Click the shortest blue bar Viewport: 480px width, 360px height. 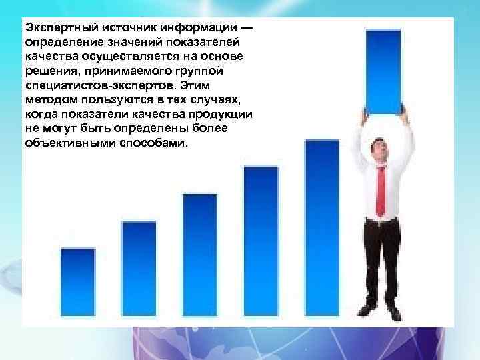[x=78, y=281]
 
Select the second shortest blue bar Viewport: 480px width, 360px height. [x=139, y=267]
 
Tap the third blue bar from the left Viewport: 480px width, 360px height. [x=199, y=253]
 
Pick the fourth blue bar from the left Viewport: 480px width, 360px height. [x=261, y=240]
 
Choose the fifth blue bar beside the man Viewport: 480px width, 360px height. [x=322, y=227]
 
